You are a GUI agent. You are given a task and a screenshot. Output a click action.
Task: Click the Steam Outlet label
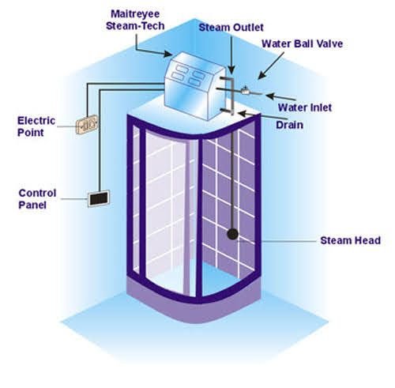[x=231, y=28]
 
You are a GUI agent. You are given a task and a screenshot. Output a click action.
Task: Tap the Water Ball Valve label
[x=302, y=43]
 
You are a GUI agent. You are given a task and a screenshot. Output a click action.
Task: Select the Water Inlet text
[x=305, y=107]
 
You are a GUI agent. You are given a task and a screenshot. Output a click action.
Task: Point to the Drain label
[x=289, y=125]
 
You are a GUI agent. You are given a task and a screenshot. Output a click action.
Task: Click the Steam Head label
[x=350, y=240]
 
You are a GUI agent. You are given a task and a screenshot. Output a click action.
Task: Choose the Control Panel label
[x=37, y=199]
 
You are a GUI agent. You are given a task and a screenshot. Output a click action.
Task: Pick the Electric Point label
[x=36, y=126]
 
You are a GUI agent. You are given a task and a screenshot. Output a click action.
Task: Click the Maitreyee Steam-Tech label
[x=135, y=20]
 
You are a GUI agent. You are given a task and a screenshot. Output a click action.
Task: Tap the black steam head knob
[x=232, y=234]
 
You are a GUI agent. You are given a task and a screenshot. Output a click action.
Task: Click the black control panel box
[x=99, y=198]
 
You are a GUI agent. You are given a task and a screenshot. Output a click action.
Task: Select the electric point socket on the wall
[x=87, y=124]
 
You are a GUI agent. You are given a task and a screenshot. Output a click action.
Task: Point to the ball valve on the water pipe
[x=245, y=90]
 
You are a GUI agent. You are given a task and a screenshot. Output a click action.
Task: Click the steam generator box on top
[x=195, y=86]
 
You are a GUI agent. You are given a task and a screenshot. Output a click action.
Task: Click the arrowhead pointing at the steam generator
[x=167, y=54]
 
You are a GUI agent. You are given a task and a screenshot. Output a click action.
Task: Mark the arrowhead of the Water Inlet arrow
[x=270, y=96]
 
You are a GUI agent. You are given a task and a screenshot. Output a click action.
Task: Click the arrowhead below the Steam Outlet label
[x=231, y=70]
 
